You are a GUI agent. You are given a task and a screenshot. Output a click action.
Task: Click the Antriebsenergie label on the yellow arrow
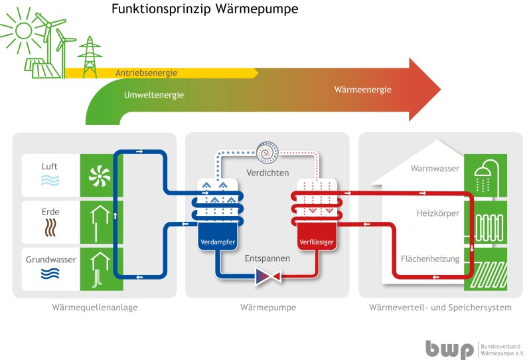[x=146, y=72]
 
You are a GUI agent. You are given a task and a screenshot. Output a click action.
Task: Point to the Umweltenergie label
[x=154, y=95]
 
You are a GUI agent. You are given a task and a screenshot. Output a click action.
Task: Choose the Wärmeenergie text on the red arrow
[x=362, y=90]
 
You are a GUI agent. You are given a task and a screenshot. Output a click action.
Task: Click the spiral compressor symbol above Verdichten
[x=269, y=152]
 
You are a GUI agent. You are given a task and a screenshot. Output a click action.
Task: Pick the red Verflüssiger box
[x=316, y=242]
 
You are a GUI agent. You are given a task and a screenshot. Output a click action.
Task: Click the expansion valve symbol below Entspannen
[x=268, y=276]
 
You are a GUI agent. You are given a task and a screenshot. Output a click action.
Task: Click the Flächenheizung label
[x=430, y=259]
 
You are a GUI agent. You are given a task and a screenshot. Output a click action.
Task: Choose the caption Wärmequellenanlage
[x=94, y=308]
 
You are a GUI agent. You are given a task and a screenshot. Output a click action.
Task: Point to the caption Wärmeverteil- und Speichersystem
[x=440, y=308]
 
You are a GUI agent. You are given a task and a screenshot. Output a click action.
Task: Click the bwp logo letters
[x=450, y=349]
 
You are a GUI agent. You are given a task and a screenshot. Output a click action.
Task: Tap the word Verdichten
[x=267, y=173]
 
